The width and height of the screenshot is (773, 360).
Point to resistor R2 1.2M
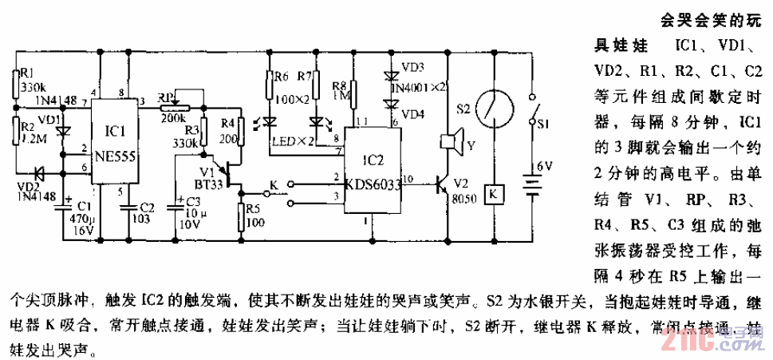[15, 130]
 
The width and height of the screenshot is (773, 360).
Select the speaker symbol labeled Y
[451, 143]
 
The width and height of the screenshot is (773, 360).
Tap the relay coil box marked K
[495, 193]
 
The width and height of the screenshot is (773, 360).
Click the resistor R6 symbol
[270, 88]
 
